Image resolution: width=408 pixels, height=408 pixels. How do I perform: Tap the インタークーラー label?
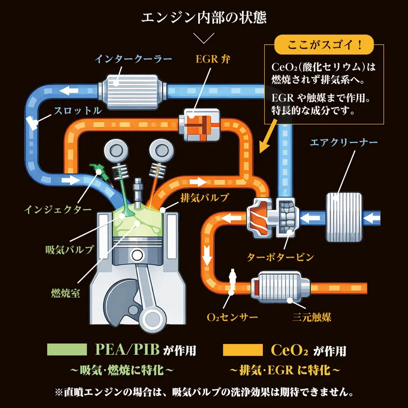(133, 59)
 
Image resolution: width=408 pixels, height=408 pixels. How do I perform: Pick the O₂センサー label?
(232, 318)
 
